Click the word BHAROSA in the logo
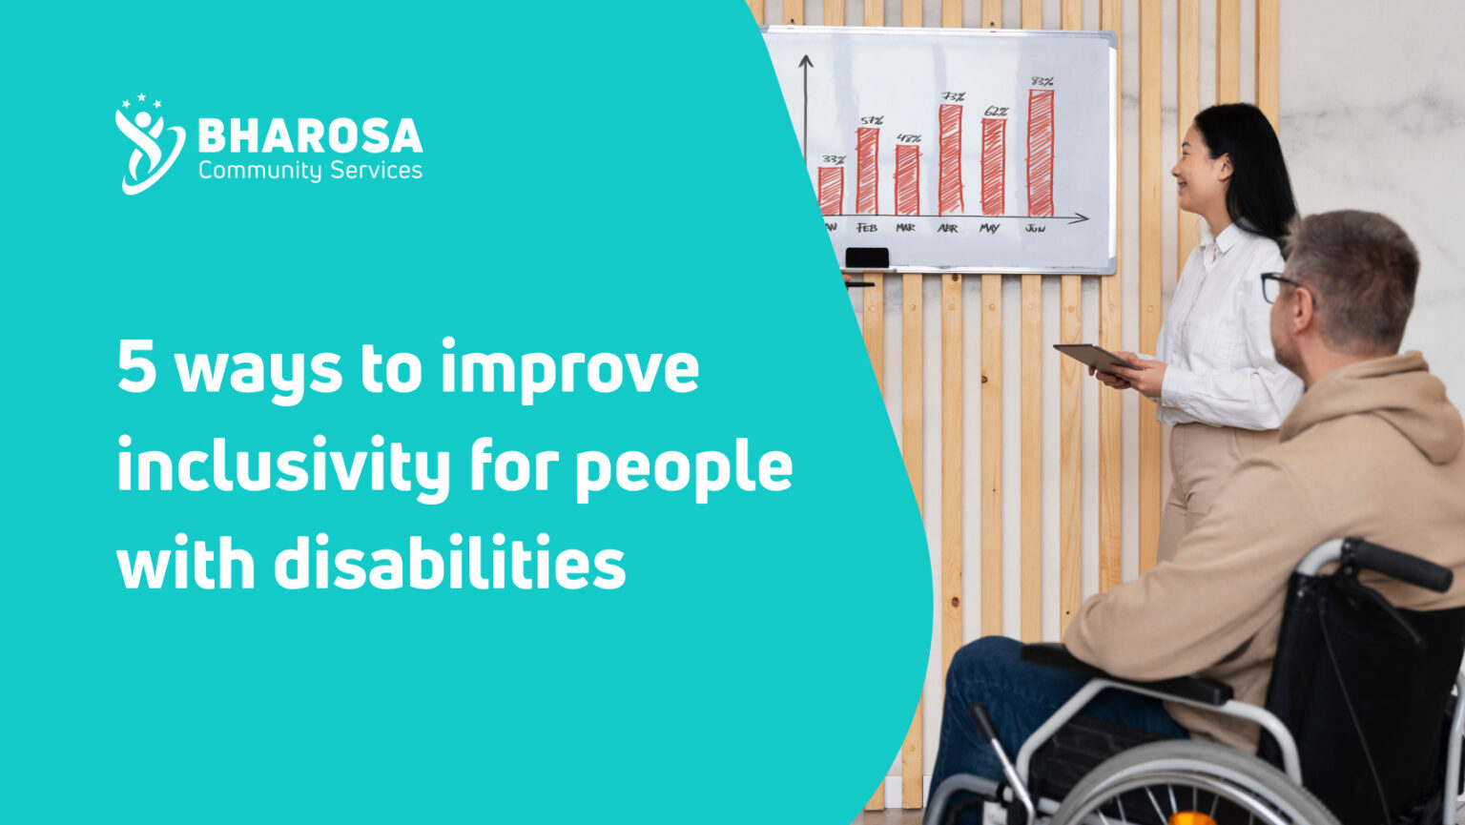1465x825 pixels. pos(310,136)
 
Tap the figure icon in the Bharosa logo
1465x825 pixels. pos(149,144)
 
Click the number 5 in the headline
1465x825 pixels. pos(137,368)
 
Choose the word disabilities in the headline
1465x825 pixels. pos(449,564)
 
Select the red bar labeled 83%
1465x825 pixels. pos(1040,153)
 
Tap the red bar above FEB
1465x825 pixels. pos(866,171)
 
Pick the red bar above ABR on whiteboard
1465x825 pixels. pos(950,159)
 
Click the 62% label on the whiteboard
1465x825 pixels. pos(995,112)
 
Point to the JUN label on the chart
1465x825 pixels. pos(1035,229)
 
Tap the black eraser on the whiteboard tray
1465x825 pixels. pos(866,258)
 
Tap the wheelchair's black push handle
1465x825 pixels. pos(1400,564)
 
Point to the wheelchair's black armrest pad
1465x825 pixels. pos(1125,671)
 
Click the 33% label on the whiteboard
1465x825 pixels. pos(834,159)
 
